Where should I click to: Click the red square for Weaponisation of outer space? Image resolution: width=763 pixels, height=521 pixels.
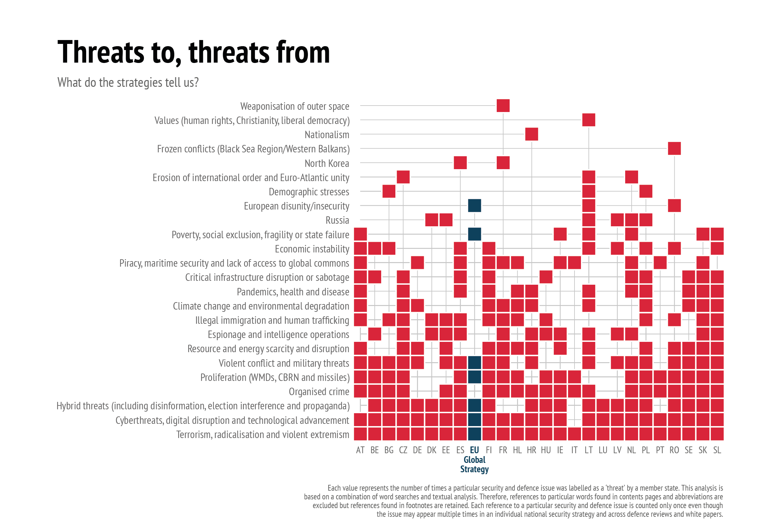(503, 106)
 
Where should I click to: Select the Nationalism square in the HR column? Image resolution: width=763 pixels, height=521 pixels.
(532, 134)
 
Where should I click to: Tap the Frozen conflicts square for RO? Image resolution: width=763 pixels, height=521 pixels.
(674, 148)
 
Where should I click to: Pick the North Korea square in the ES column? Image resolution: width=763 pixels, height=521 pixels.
(460, 163)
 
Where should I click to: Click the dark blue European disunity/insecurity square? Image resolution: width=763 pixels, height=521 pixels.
(474, 206)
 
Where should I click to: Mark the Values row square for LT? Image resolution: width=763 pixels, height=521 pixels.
(589, 120)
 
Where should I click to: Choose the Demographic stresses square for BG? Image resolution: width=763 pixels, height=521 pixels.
(389, 191)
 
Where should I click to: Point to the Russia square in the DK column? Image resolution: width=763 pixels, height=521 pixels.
(432, 220)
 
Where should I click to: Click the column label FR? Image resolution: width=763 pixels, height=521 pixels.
(503, 450)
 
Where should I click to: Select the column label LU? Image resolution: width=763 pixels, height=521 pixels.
(603, 450)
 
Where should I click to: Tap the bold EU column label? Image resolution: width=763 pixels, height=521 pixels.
(474, 450)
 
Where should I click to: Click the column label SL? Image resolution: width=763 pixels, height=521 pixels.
(717, 450)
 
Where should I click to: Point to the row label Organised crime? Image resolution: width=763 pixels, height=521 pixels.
(319, 392)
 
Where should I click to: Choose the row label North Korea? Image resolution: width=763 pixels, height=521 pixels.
(327, 163)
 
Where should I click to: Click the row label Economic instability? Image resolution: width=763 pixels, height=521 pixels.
(312, 249)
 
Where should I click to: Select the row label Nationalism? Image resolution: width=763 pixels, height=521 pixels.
(327, 135)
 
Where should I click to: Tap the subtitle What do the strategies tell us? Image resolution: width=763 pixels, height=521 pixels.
(128, 82)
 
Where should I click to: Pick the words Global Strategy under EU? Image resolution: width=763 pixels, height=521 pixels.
(474, 465)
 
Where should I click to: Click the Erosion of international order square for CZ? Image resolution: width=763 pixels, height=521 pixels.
(403, 177)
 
